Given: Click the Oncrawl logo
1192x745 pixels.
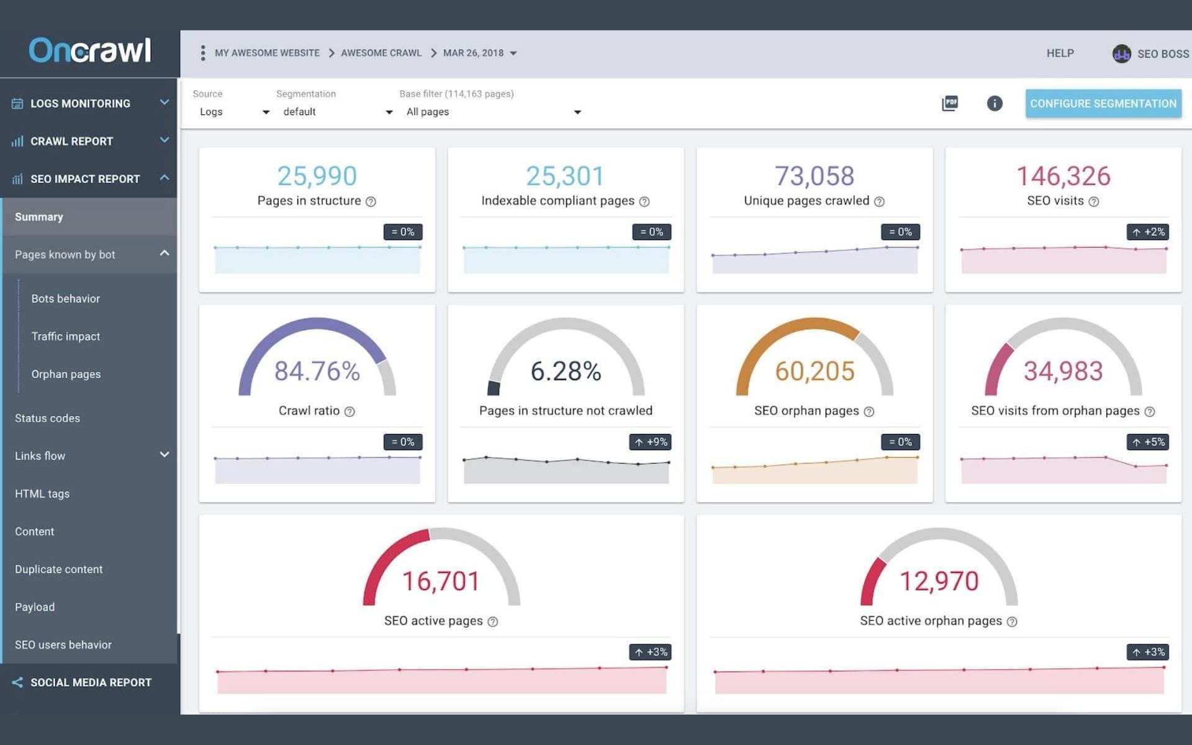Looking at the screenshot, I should pyautogui.click(x=90, y=50).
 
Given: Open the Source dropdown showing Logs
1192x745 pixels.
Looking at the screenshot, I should pyautogui.click(x=233, y=112).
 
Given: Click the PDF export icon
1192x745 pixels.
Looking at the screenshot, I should pyautogui.click(x=950, y=103).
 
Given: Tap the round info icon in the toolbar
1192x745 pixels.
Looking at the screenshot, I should pyautogui.click(x=995, y=103).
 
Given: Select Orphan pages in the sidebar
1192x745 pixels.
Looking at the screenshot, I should pyautogui.click(x=66, y=374).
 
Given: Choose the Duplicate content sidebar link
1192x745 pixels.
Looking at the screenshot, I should pyautogui.click(x=59, y=569).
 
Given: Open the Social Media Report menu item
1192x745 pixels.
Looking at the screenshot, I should pyautogui.click(x=91, y=682).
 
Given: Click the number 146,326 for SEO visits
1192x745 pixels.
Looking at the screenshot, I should pyautogui.click(x=1063, y=176).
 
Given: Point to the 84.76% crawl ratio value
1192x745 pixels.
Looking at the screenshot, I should pyautogui.click(x=317, y=371).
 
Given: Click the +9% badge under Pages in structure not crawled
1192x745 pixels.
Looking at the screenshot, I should pyautogui.click(x=651, y=442).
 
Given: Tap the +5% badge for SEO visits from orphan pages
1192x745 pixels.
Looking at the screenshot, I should pyautogui.click(x=1148, y=442).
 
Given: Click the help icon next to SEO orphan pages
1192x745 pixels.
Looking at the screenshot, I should pyautogui.click(x=869, y=412).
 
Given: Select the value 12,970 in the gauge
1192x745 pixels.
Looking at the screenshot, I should pyautogui.click(x=939, y=582).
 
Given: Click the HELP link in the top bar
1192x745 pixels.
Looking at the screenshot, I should pyautogui.click(x=1060, y=53).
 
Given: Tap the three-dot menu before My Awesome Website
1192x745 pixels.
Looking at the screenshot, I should pyautogui.click(x=203, y=53).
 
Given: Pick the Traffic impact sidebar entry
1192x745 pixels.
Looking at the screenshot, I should pyautogui.click(x=66, y=336).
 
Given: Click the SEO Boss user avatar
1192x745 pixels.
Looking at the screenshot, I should pyautogui.click(x=1121, y=54).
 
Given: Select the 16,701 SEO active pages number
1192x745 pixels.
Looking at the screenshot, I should pyautogui.click(x=441, y=582).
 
